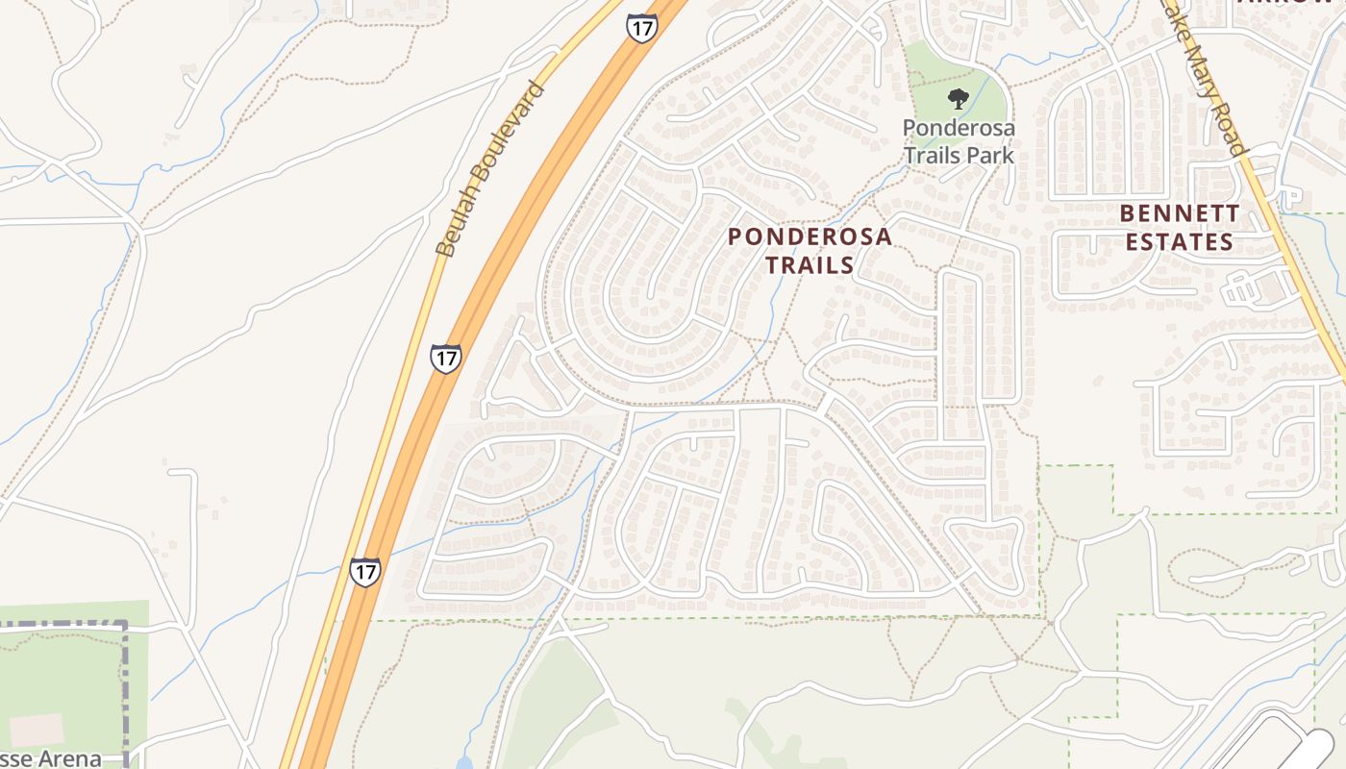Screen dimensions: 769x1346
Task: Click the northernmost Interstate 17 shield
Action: tap(641, 27)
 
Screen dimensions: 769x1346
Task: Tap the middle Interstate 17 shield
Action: tap(445, 359)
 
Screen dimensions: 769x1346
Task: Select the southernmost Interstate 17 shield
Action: tap(364, 571)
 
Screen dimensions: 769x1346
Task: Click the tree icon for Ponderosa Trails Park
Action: tap(958, 97)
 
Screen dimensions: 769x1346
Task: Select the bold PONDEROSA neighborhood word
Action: tap(810, 236)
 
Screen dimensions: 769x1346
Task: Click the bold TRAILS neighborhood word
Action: tap(810, 264)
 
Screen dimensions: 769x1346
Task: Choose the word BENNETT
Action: tap(1180, 213)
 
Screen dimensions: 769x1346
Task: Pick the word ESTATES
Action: tap(1180, 241)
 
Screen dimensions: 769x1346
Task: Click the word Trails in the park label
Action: tap(935, 154)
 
